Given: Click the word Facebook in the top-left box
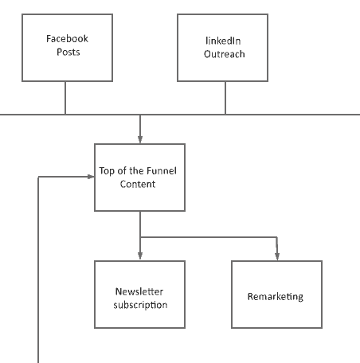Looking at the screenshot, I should click(x=67, y=39).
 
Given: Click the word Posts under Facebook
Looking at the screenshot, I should click(x=68, y=53).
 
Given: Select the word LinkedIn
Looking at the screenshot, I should click(x=223, y=41).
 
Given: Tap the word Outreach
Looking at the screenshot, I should click(x=224, y=55).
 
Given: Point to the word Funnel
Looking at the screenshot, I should click(x=162, y=170).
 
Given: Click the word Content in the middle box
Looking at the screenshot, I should click(x=138, y=184).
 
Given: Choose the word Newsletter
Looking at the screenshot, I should click(x=139, y=291).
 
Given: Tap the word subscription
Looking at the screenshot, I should click(x=140, y=305).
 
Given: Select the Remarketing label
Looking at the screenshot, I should click(x=275, y=296).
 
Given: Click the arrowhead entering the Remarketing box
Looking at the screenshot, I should click(x=277, y=256).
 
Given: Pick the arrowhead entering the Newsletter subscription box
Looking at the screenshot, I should click(x=140, y=256).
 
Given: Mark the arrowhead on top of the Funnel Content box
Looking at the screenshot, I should click(x=140, y=139).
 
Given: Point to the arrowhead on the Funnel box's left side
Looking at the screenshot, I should click(x=90, y=177).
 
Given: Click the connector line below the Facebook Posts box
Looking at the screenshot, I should click(x=65, y=98).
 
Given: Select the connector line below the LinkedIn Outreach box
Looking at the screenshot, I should click(x=225, y=98).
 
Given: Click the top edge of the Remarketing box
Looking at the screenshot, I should click(x=276, y=261).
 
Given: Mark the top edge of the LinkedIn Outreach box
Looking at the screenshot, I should click(x=222, y=14).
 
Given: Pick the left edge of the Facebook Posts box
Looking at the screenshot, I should click(x=22, y=48).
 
